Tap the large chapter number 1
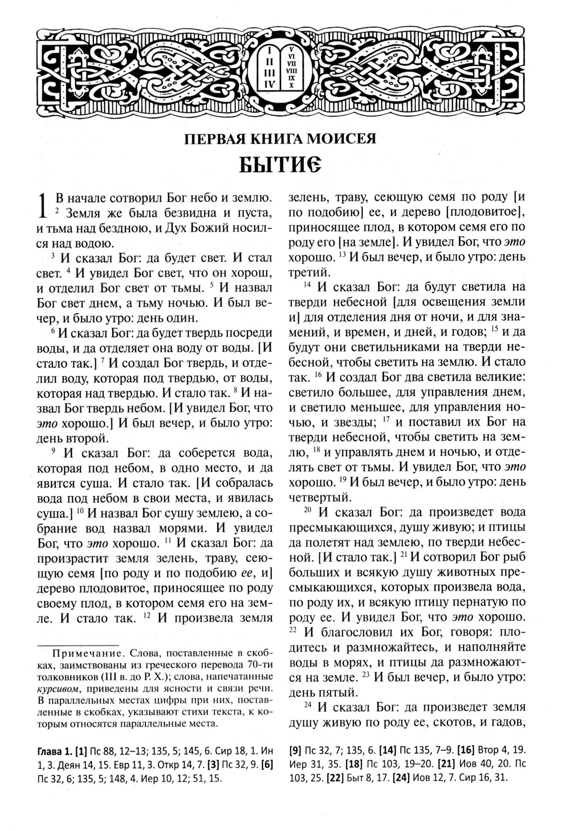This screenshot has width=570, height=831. click(42, 206)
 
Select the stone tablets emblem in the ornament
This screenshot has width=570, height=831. click(280, 67)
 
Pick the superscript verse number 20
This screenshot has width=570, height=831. click(307, 509)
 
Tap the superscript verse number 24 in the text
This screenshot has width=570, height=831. click(307, 705)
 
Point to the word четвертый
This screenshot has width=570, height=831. click(316, 497)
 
